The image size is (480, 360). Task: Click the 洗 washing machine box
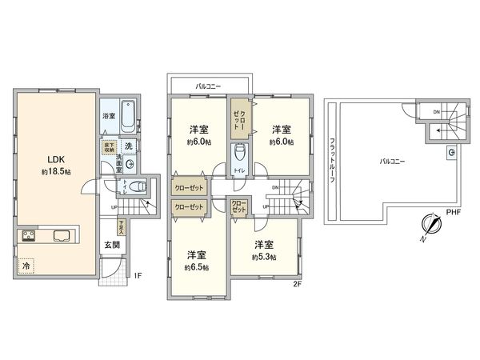pos(128,146)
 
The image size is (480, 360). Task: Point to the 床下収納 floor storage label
pos(108,146)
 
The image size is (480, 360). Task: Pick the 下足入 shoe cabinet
pos(122,226)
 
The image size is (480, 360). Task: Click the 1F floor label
pos(137,276)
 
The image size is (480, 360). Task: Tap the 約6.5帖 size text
pos(195,266)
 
